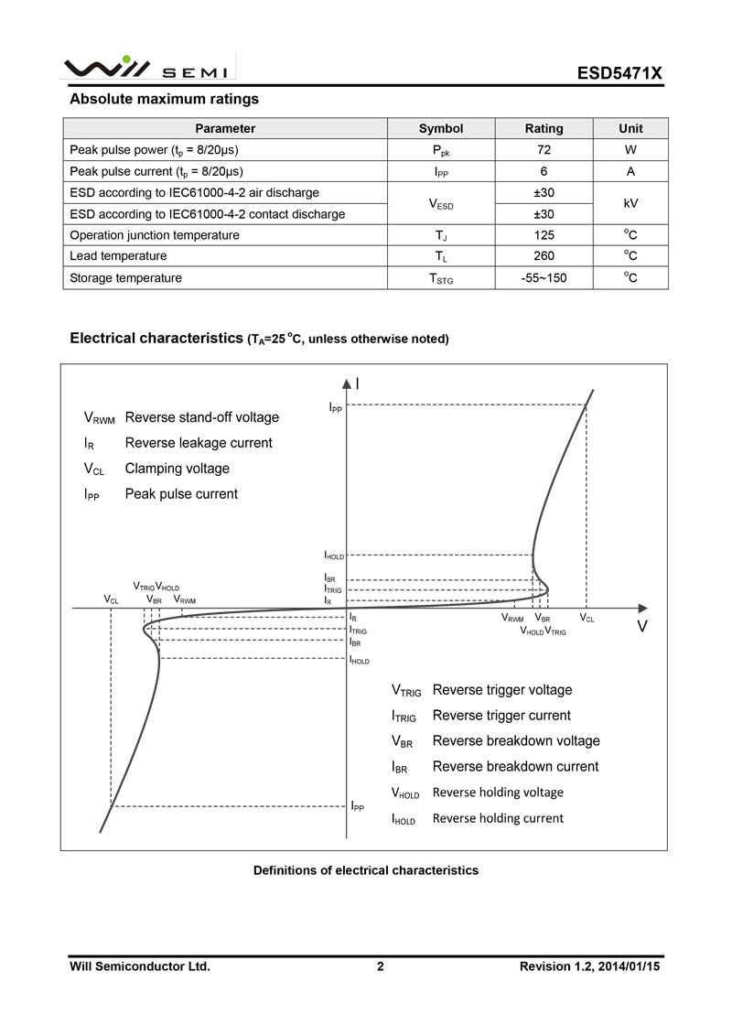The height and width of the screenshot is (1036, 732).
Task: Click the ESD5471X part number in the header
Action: (618, 72)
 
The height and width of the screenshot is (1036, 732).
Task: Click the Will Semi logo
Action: (145, 69)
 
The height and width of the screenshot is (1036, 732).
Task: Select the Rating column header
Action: (544, 129)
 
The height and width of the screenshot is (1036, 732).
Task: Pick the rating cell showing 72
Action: (544, 150)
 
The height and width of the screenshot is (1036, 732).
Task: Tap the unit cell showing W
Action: (630, 150)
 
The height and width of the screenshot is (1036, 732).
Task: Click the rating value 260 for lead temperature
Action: (544, 256)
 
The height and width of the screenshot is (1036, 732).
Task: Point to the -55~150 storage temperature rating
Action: (544, 278)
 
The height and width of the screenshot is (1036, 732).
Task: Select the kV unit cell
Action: (630, 203)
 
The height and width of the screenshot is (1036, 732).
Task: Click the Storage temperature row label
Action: (126, 278)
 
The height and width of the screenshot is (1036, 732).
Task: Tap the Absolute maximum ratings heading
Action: (165, 99)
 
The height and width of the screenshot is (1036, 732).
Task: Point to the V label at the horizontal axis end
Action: (642, 627)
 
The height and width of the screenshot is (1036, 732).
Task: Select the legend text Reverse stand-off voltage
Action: (201, 417)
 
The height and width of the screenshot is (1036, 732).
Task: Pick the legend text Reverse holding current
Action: (498, 818)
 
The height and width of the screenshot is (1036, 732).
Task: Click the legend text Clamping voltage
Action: (177, 469)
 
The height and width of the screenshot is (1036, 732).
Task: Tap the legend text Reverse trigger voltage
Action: (501, 690)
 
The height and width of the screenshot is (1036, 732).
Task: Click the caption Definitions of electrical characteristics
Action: (365, 870)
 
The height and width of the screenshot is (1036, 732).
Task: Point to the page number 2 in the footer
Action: (381, 966)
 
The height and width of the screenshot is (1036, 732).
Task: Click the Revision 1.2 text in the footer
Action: (589, 966)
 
